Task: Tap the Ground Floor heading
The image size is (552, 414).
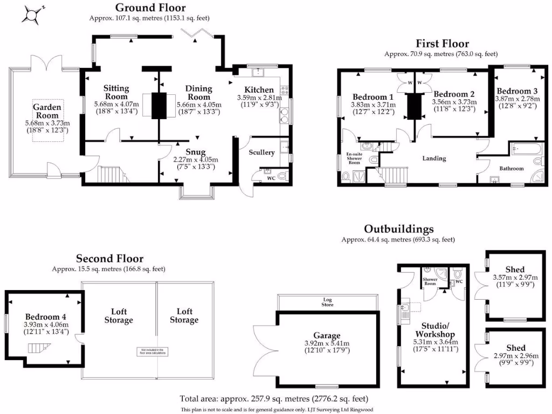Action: [x=150, y=8]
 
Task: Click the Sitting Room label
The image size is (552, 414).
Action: [x=116, y=92]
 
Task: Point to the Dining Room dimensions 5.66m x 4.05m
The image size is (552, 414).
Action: [x=199, y=105]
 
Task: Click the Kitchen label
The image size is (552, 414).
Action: [x=259, y=89]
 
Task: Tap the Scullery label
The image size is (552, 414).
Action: [x=261, y=153]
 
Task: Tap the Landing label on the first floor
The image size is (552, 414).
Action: [x=434, y=158]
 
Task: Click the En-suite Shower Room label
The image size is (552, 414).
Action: [x=355, y=160]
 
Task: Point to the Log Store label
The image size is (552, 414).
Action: [x=328, y=302]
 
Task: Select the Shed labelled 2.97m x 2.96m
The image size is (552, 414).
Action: [x=515, y=356]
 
